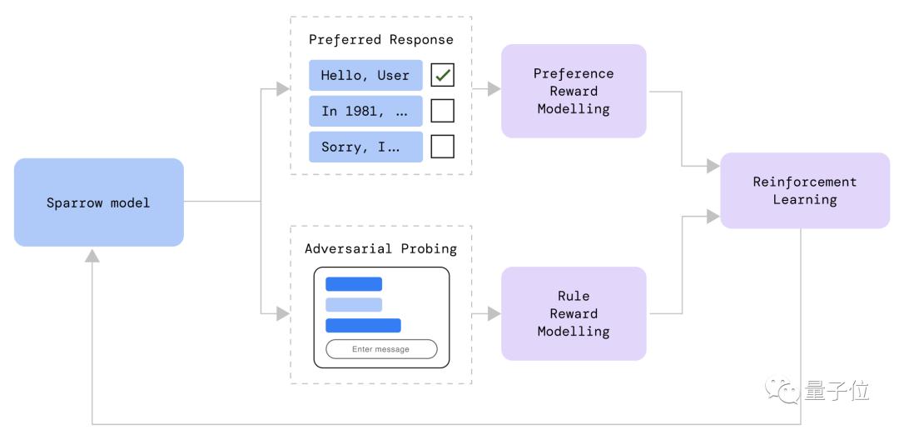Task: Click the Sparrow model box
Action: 98,202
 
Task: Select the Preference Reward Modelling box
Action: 574,91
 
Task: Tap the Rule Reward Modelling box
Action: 574,313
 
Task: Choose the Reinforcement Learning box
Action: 805,191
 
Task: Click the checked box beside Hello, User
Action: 443,75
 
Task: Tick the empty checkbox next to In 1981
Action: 443,111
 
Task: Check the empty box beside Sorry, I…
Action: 443,147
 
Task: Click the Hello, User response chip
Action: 365,75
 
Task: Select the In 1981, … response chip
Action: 365,111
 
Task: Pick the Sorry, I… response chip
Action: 365,147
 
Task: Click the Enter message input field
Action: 381,349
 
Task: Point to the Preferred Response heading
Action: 381,40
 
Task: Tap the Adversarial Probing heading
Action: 381,248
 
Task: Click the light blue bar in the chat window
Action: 354,304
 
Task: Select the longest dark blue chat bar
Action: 363,326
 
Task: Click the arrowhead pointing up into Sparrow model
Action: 92,256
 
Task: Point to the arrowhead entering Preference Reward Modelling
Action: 494,89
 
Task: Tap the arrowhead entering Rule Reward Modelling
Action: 494,313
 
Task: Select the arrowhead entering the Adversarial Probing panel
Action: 283,313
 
